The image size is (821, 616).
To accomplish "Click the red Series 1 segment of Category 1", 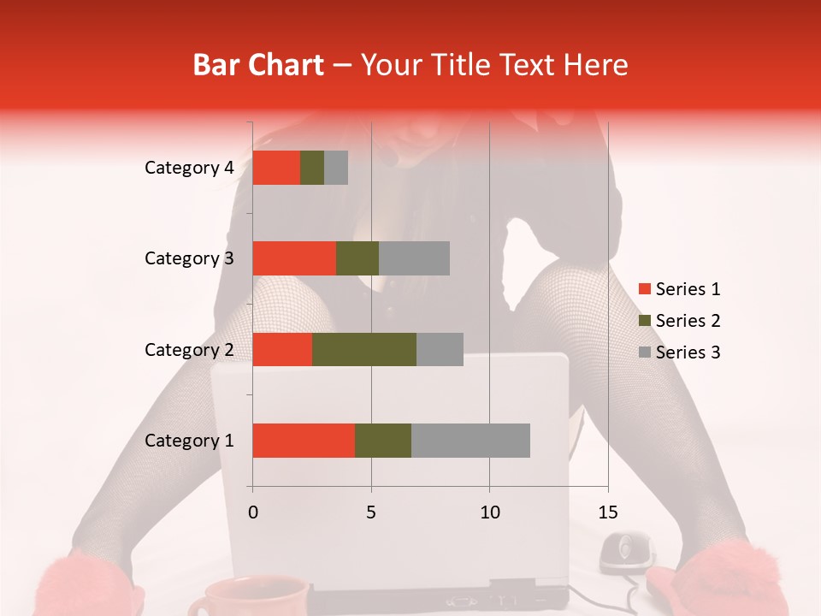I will click(x=304, y=441).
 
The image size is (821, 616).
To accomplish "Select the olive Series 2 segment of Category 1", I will click(x=383, y=441).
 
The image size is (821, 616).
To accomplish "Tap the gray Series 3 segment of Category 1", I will click(x=470, y=441).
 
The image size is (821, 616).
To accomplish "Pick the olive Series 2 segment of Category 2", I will click(x=364, y=349).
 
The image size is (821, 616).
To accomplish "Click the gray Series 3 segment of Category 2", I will click(x=440, y=349).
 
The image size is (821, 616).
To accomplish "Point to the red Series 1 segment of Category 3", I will click(x=294, y=258).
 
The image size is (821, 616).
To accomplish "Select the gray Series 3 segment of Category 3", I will click(x=414, y=258).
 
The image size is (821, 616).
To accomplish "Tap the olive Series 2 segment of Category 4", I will click(x=312, y=168).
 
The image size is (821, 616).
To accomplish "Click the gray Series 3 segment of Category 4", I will click(x=336, y=168).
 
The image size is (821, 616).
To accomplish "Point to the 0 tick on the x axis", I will click(x=253, y=512).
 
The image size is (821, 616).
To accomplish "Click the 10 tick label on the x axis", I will click(x=489, y=512).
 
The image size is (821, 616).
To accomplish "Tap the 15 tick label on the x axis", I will click(x=607, y=512).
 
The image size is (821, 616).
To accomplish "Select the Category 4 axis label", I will click(x=189, y=168).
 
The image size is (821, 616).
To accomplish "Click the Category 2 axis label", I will click(x=189, y=349).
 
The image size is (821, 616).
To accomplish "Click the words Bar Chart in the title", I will click(x=258, y=64).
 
